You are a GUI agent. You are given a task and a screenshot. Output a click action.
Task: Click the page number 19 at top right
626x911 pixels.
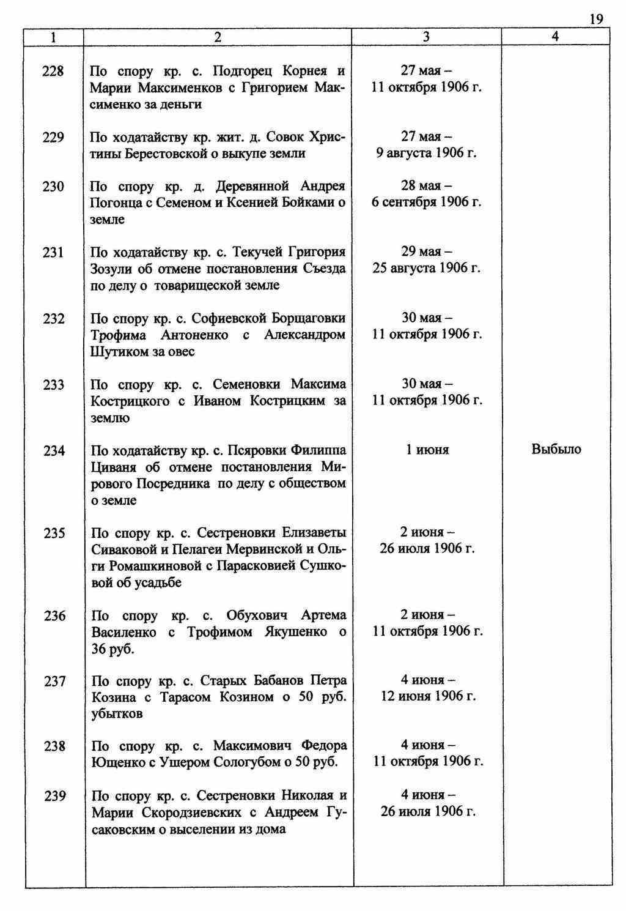click(x=596, y=19)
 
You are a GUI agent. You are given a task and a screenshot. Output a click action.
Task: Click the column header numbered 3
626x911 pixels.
click(x=426, y=37)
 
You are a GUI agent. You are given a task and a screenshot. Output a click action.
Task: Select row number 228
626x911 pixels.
click(x=53, y=72)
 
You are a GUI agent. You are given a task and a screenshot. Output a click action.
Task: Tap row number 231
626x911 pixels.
click(x=53, y=252)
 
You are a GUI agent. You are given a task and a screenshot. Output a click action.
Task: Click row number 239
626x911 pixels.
click(x=54, y=796)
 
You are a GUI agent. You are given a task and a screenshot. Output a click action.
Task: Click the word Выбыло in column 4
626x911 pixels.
click(x=556, y=450)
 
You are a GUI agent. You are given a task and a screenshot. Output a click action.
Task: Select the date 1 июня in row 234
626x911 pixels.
click(x=427, y=450)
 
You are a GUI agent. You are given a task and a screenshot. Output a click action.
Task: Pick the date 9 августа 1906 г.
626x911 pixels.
click(x=426, y=153)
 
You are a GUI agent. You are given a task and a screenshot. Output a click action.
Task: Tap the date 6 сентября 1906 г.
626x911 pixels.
click(x=426, y=203)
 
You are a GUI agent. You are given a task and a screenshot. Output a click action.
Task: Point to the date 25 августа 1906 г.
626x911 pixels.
click(x=426, y=269)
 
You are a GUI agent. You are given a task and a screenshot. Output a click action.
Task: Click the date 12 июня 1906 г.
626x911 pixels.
click(x=428, y=696)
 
